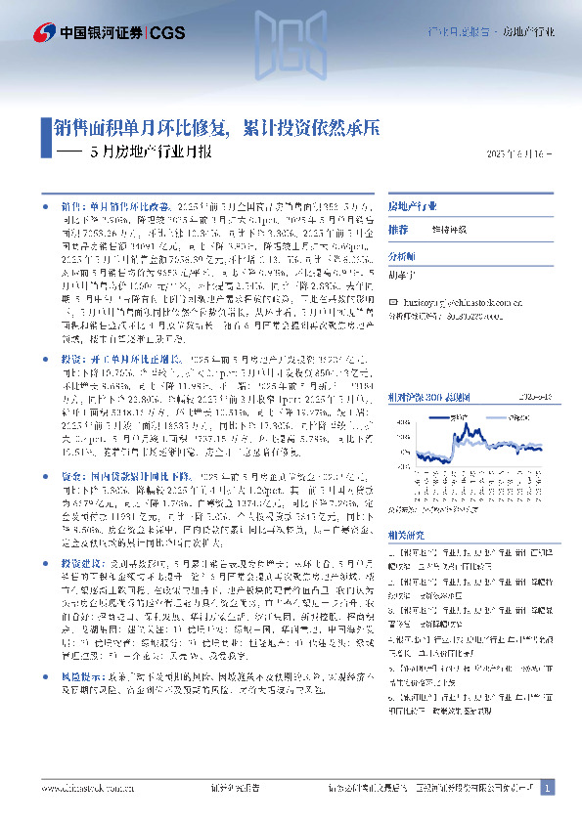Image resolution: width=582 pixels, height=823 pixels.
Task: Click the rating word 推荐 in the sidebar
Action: click(398, 229)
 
